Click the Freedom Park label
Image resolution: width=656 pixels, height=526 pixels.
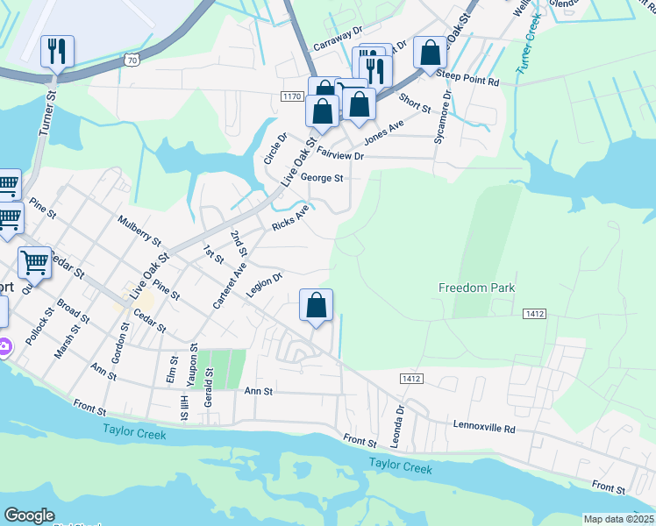point(476,288)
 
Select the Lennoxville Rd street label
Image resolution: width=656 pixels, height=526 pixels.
point(484,427)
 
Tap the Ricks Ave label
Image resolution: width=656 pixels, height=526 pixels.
point(290,218)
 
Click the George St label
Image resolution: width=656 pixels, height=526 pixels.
point(321,177)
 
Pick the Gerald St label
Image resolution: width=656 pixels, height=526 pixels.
point(210,385)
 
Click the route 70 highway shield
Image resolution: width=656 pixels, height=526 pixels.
point(131,60)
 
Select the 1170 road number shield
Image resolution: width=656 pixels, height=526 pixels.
point(292,95)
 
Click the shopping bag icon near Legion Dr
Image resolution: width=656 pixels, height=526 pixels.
point(317,305)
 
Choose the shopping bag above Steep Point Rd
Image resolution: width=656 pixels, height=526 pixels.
point(431,53)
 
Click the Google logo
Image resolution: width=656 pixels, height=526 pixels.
point(29,515)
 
